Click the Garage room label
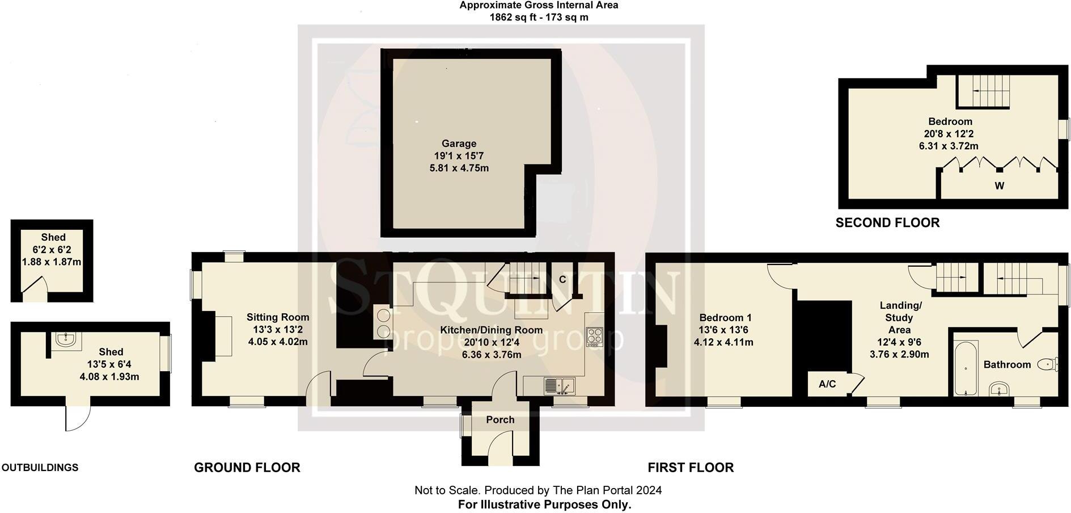coord(459,144)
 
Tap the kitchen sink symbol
coord(559,386)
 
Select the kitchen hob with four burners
coord(594,337)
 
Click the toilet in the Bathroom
coord(1048,364)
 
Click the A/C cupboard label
coord(827,384)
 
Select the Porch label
coord(500,420)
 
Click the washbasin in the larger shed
coord(67,340)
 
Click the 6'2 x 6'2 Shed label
coord(53,237)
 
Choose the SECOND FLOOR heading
coord(887,223)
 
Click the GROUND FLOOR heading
coord(247,468)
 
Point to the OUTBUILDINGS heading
coord(40,468)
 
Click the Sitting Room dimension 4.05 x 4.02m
coord(278,342)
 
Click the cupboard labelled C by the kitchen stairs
coord(562,279)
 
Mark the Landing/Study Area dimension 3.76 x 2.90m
coord(899,354)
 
